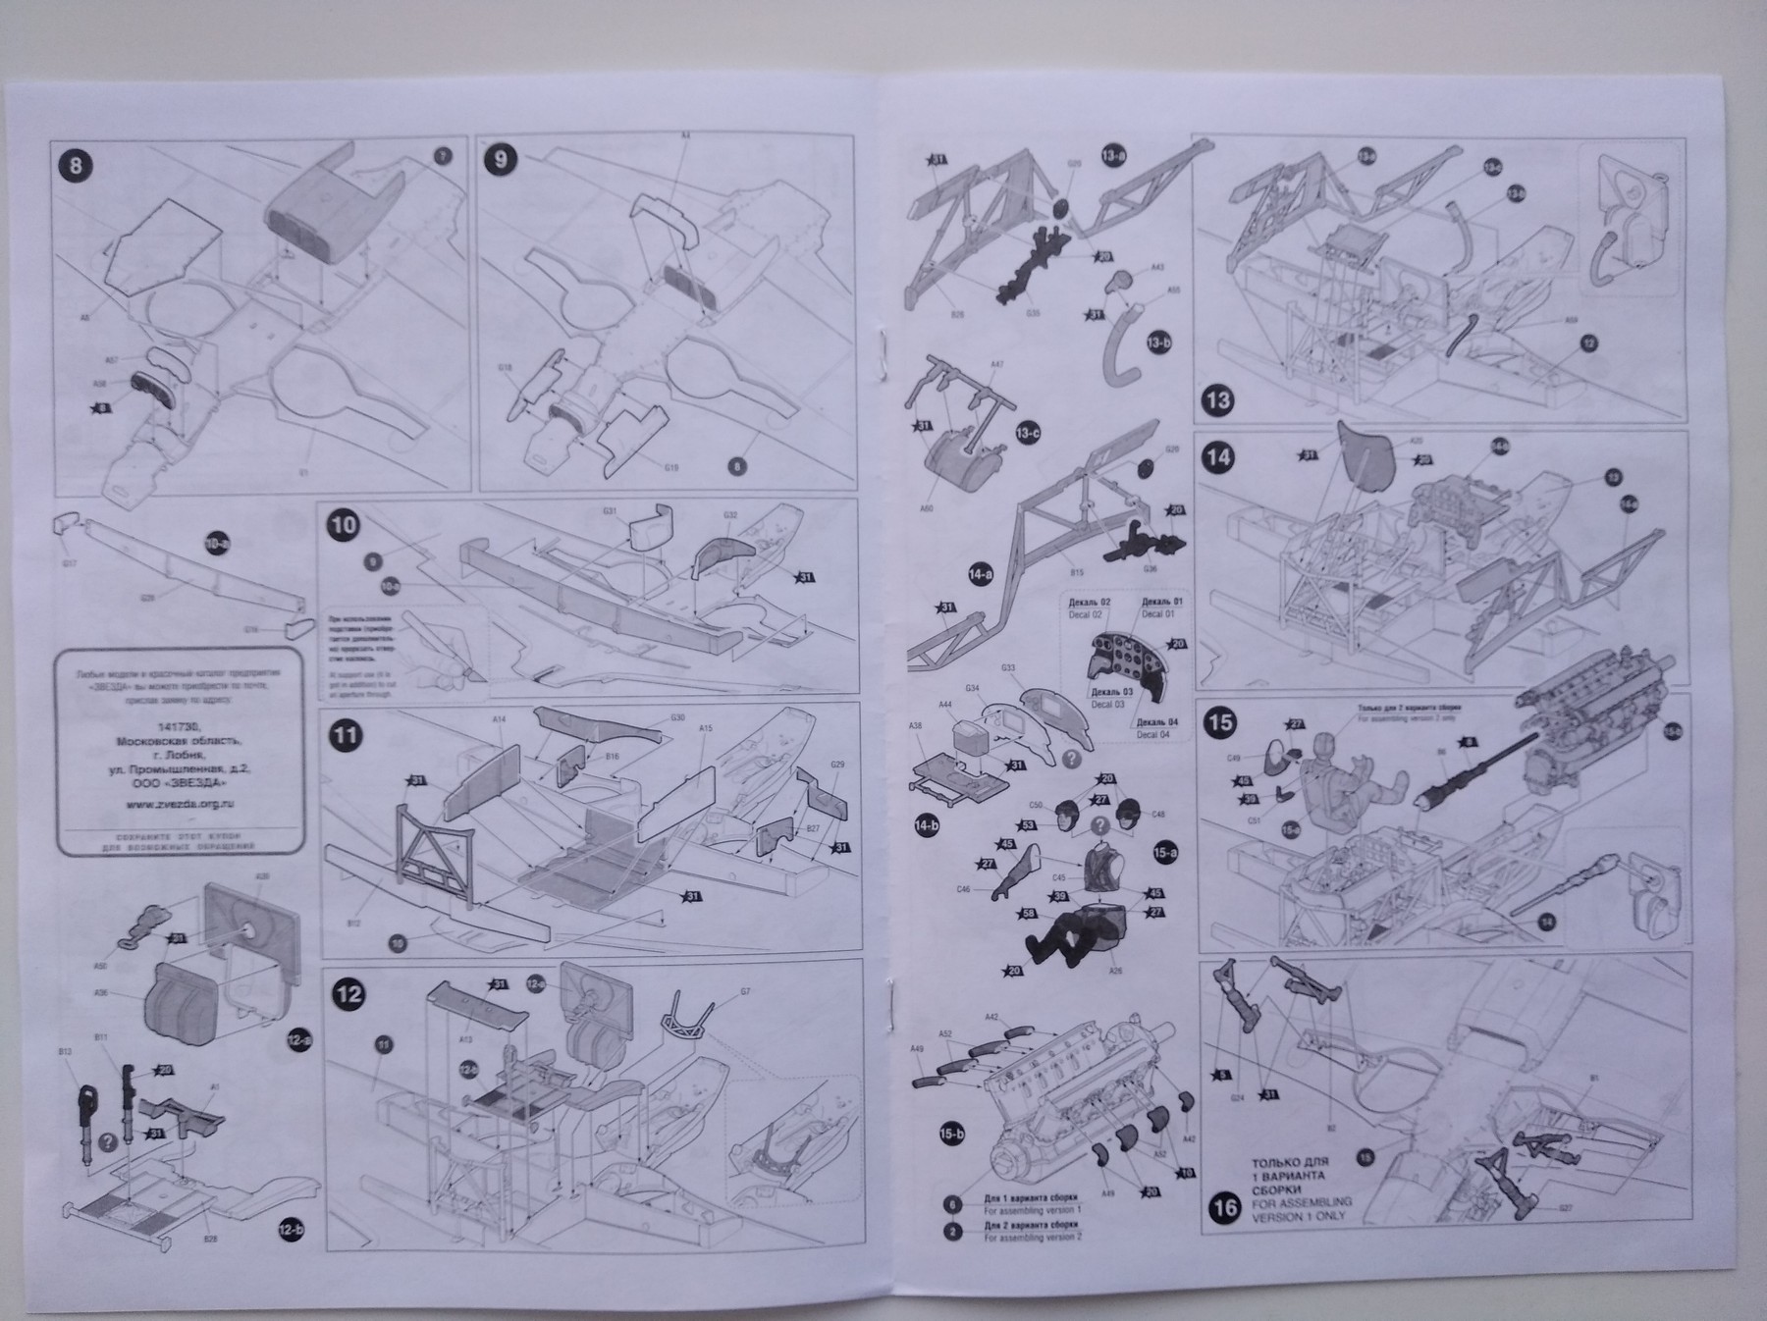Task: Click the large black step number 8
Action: [x=76, y=165]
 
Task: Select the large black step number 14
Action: [x=1220, y=456]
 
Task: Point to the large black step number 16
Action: [x=1225, y=1207]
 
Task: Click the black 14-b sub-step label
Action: [x=927, y=825]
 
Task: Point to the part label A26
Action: [x=1114, y=971]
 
